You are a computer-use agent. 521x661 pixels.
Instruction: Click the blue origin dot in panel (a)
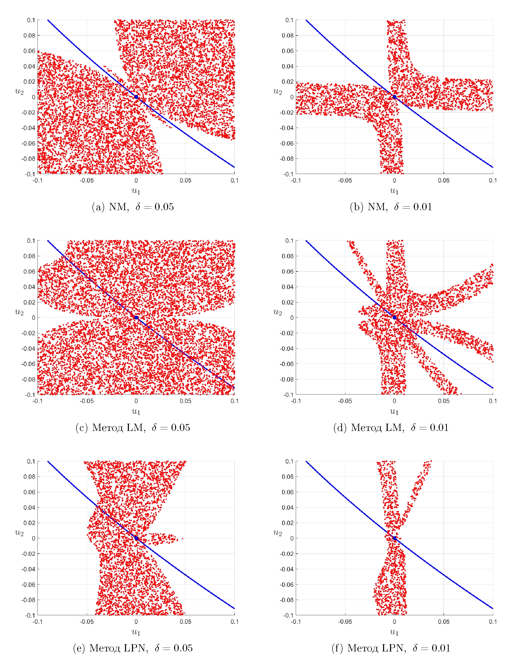(x=136, y=97)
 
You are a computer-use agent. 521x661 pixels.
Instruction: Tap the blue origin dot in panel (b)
(x=394, y=97)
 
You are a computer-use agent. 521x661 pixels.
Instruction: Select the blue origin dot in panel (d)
(x=394, y=317)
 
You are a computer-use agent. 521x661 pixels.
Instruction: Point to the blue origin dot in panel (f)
(x=394, y=538)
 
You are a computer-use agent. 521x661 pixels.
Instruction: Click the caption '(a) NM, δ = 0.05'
(x=133, y=207)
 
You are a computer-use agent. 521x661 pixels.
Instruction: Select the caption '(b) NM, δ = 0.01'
(x=391, y=207)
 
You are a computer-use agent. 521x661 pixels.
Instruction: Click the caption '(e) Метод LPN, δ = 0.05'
(x=133, y=648)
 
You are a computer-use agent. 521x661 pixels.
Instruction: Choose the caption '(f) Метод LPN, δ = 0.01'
(x=391, y=648)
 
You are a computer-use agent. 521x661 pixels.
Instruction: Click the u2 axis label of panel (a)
(x=19, y=91)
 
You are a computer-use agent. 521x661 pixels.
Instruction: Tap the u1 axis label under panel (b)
(x=394, y=191)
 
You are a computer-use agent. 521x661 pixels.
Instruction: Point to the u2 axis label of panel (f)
(x=278, y=533)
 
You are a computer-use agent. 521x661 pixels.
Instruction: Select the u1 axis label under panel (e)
(x=136, y=632)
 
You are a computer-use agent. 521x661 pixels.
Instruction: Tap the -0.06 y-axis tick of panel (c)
(x=28, y=364)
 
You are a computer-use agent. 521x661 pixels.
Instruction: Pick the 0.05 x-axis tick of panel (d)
(x=444, y=401)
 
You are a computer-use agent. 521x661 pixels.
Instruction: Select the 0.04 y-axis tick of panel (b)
(x=288, y=66)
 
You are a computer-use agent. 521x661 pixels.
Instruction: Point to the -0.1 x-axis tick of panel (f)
(x=296, y=622)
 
